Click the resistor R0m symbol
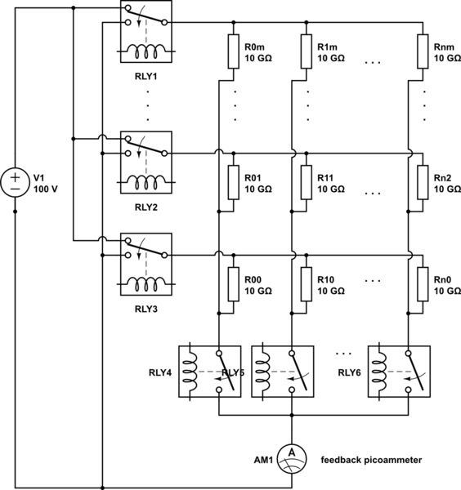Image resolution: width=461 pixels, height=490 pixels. pos(232,55)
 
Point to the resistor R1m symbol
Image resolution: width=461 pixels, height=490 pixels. pos(305,55)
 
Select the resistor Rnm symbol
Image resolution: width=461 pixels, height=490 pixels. pos(423,55)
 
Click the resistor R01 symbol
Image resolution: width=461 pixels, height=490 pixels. pos(232,182)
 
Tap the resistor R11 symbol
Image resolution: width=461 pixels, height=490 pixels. pos(305,182)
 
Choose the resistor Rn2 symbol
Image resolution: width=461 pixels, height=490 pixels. pos(423,182)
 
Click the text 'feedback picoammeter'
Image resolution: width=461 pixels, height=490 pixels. pos(371,461)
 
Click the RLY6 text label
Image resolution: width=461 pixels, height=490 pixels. pos(352,372)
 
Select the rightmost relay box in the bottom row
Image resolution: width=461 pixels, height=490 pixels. pos(400,372)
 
